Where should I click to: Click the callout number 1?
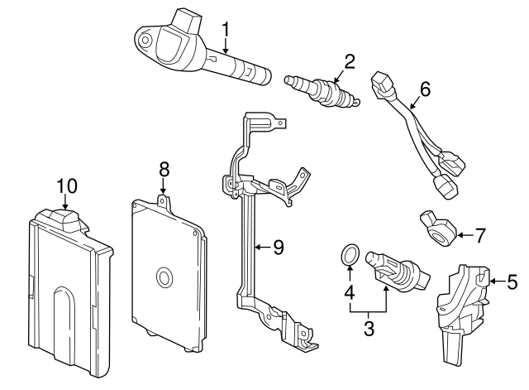click(225, 31)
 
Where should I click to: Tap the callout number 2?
click(349, 60)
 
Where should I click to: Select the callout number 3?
click(369, 328)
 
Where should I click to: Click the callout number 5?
click(512, 282)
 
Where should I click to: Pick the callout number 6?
click(425, 89)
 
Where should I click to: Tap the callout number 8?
click(164, 168)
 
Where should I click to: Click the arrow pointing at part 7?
click(463, 235)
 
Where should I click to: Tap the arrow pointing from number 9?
click(261, 246)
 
